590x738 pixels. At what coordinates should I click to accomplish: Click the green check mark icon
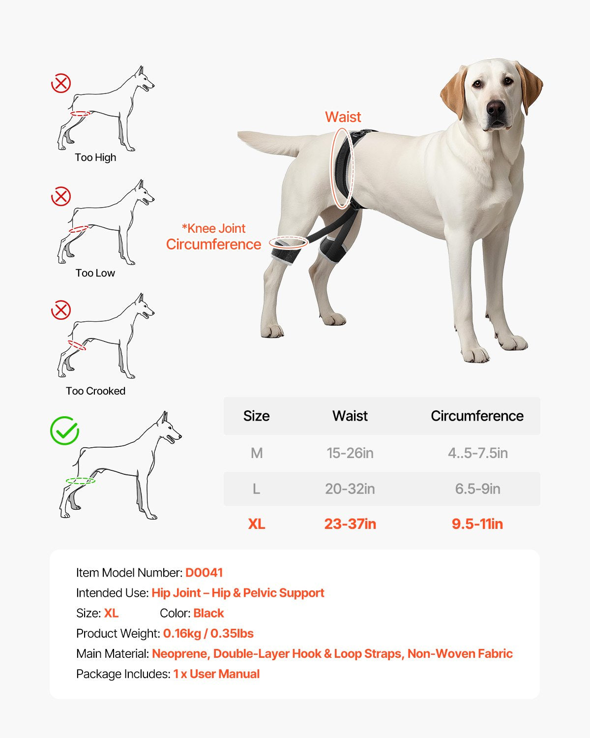point(64,431)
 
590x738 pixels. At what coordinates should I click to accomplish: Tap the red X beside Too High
point(61,83)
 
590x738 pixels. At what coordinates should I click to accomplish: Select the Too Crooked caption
point(95,391)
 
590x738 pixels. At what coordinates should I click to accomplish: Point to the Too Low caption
point(95,273)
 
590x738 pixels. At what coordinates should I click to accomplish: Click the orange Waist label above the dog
point(343,117)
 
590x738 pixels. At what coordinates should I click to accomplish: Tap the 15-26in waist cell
point(350,453)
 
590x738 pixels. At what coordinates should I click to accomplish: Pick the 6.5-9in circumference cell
point(477,489)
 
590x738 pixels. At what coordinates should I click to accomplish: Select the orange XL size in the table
point(256,524)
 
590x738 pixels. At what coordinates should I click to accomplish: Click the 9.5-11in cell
point(477,524)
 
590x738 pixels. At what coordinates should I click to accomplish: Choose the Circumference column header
point(477,416)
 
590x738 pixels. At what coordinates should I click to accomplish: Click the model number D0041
point(204,573)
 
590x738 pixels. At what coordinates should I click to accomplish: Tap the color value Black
point(208,613)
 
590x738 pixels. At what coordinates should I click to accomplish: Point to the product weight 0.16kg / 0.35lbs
point(208,633)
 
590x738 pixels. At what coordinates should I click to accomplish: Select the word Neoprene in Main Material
point(180,654)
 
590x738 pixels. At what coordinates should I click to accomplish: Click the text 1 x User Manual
point(216,674)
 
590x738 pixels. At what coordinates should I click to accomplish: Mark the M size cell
point(256,453)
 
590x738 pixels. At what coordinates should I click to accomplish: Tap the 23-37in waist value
point(350,524)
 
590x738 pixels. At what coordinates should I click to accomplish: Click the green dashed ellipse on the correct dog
point(81,481)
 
